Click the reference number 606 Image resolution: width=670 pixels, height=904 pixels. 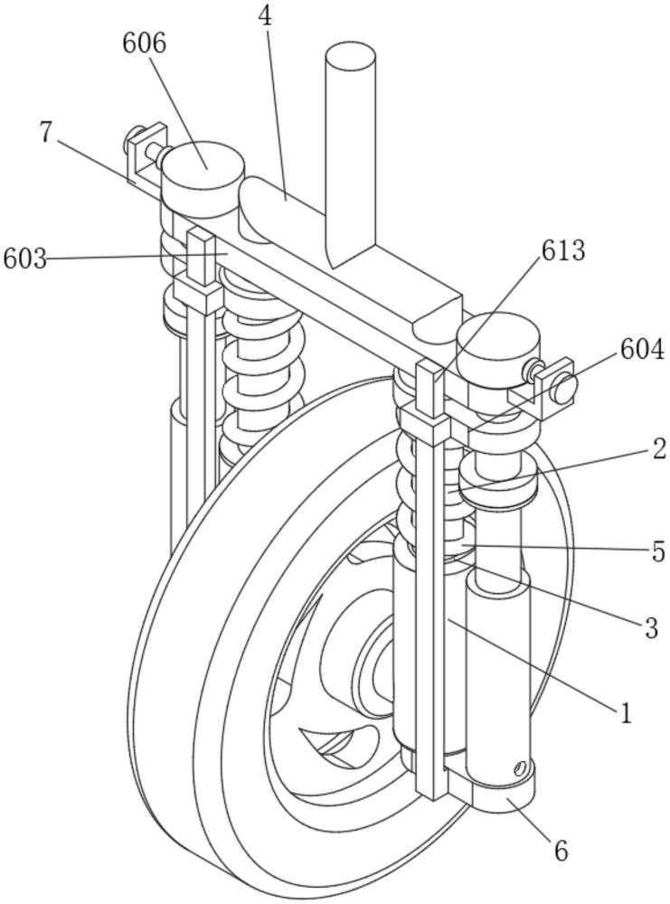pyautogui.click(x=144, y=43)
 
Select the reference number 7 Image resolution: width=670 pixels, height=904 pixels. pyautogui.click(x=48, y=132)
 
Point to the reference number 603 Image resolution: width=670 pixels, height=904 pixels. pyautogui.click(x=24, y=259)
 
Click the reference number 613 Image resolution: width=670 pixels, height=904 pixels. pyautogui.click(x=562, y=250)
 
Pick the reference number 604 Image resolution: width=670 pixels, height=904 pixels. pyautogui.click(x=643, y=349)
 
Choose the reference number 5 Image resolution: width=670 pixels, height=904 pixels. pyautogui.click(x=658, y=551)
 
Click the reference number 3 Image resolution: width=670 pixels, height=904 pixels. pyautogui.click(x=652, y=628)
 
